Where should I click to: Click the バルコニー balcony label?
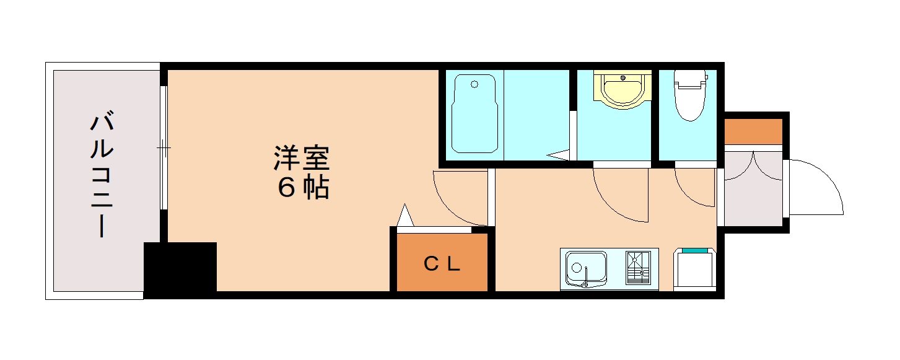coord(101,176)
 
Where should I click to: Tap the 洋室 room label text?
coord(302,158)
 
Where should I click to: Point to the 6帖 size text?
coord(302,188)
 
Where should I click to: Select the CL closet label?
coord(442,265)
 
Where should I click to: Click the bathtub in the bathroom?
coord(474,114)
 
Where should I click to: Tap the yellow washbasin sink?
coord(622,88)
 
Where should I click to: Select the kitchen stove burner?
coord(638,268)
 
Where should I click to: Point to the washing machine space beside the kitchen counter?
coord(694,270)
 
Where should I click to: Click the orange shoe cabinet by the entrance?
coord(753,131)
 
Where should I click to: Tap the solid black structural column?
coord(180,268)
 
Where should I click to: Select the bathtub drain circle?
coord(475,84)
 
